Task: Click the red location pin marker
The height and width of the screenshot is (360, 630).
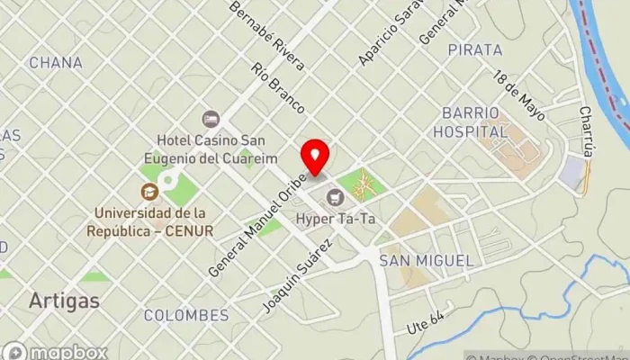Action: tap(315, 157)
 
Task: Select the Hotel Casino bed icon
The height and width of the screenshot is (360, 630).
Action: tap(211, 119)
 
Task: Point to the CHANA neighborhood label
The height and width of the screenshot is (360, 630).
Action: tap(56, 63)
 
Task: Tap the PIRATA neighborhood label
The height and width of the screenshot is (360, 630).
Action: tap(474, 49)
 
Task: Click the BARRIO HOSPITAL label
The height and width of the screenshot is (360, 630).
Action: tap(476, 121)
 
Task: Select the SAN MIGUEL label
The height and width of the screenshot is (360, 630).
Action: tap(426, 260)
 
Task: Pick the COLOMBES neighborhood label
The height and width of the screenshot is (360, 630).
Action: tap(185, 315)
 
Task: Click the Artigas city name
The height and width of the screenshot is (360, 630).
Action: tap(63, 300)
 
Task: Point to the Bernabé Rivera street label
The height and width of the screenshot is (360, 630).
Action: tap(267, 36)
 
